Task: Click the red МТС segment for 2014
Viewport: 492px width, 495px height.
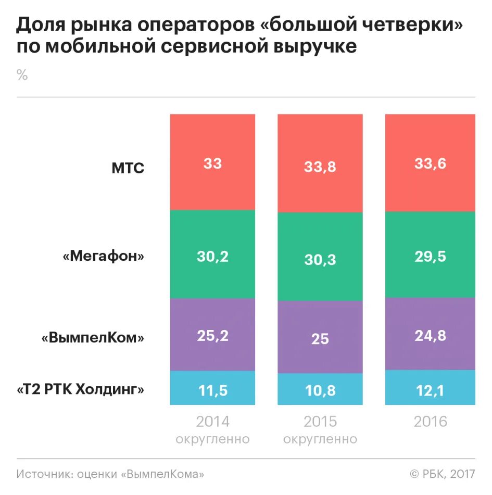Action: (212, 162)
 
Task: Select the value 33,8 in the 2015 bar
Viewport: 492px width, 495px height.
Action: (320, 167)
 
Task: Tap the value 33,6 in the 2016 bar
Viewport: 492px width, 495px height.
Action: (430, 164)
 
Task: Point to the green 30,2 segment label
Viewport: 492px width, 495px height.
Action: (212, 256)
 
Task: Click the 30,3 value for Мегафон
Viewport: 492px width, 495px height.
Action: (320, 259)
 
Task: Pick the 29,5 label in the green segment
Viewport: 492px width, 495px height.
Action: (430, 256)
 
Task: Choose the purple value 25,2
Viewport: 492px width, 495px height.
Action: (212, 336)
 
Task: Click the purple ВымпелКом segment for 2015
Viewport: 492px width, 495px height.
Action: (320, 339)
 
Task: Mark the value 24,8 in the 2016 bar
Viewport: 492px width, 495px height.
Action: (430, 336)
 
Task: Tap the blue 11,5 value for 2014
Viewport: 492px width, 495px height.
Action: (212, 390)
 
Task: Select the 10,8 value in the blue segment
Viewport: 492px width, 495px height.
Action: (320, 390)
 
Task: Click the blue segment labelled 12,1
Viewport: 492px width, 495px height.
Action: (430, 390)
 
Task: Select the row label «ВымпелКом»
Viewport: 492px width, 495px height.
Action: (93, 338)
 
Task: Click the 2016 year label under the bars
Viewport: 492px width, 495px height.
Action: (430, 421)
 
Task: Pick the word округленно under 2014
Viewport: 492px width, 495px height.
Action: (212, 439)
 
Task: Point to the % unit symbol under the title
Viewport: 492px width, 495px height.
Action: (22, 75)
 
